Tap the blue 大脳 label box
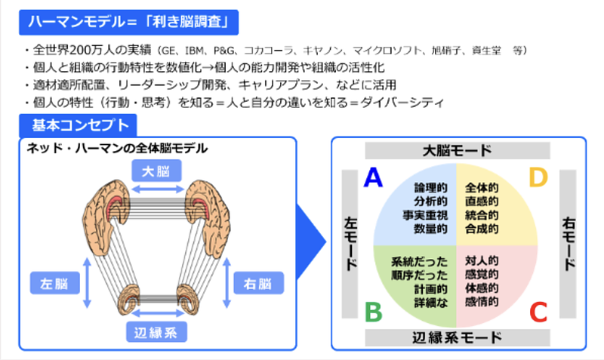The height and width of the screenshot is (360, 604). pos(158,171)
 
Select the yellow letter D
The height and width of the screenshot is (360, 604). pos(538,177)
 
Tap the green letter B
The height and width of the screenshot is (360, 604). pos(373,311)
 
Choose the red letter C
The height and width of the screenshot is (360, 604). pos(538,311)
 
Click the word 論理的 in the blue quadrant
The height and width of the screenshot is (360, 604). pos(433,186)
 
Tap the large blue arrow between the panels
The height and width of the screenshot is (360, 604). pos(310,243)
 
